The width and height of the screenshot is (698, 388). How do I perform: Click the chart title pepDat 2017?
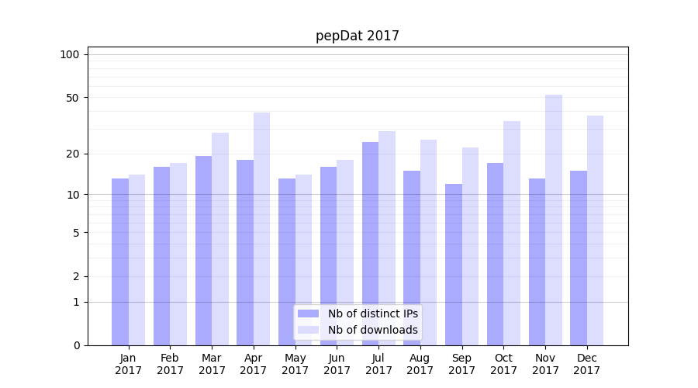[357, 36]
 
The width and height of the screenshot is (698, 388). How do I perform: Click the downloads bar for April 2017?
[261, 229]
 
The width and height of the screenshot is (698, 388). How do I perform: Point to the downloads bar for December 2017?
[595, 230]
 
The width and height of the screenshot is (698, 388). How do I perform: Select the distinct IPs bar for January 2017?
[120, 262]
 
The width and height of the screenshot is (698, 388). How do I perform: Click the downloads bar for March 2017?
[220, 239]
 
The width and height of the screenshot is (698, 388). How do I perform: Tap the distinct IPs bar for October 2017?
[495, 254]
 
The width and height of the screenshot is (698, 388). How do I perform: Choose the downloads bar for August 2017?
[428, 242]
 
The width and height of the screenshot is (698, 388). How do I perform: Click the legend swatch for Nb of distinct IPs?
[308, 314]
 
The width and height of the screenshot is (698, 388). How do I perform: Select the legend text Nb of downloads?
[372, 330]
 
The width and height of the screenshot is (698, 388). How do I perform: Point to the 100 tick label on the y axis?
[70, 54]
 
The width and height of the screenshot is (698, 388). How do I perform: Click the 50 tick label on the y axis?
[72, 98]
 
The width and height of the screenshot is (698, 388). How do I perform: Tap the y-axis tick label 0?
[75, 345]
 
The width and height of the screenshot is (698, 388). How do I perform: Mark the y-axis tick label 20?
[72, 154]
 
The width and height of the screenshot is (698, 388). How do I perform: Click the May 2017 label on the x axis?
[295, 364]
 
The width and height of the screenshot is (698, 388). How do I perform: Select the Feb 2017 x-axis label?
[170, 364]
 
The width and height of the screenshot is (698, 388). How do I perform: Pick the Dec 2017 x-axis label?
[587, 364]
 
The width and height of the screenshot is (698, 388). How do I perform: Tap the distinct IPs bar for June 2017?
[328, 256]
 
